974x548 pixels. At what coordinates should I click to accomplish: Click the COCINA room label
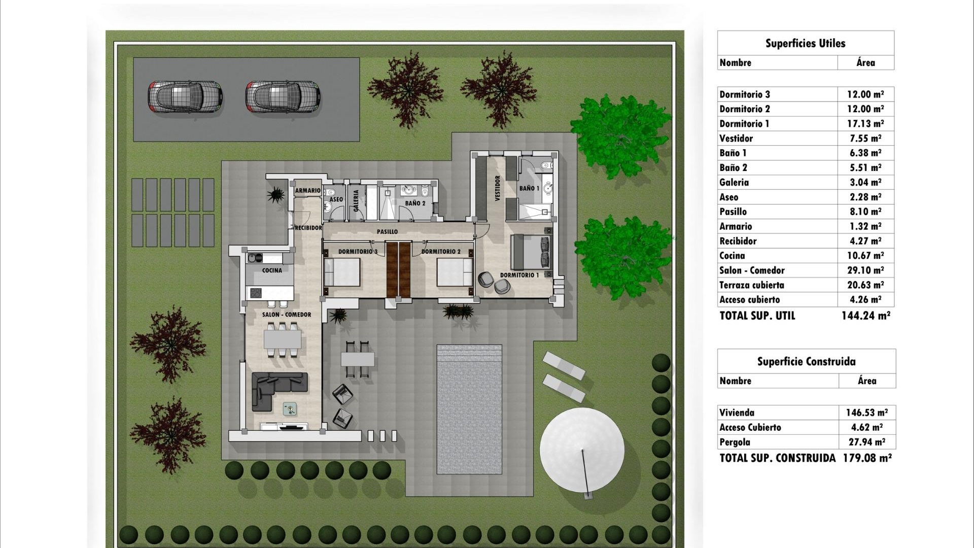[272, 270]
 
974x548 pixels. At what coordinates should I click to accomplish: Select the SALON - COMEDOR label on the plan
[287, 315]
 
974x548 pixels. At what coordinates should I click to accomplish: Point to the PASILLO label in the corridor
[387, 232]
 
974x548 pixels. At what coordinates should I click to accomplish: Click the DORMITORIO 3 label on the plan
[358, 252]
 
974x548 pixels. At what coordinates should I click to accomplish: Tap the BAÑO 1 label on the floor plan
[529, 188]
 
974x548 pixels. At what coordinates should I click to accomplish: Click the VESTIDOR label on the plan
[497, 188]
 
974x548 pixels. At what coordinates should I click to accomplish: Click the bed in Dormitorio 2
[455, 272]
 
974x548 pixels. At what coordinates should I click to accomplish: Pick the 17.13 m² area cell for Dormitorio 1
[865, 124]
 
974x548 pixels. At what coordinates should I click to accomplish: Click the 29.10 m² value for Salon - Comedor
[865, 270]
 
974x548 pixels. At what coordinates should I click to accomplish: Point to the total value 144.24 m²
[865, 316]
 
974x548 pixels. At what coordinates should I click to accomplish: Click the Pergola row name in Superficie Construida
[735, 442]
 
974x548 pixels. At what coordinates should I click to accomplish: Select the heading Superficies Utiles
[805, 44]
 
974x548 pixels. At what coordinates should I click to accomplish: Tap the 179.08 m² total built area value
[867, 458]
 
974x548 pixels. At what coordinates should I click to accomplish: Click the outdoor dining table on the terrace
[357, 360]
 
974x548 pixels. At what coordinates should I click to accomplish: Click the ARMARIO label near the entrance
[308, 191]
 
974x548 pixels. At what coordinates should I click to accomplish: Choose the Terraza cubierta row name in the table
[751, 285]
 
